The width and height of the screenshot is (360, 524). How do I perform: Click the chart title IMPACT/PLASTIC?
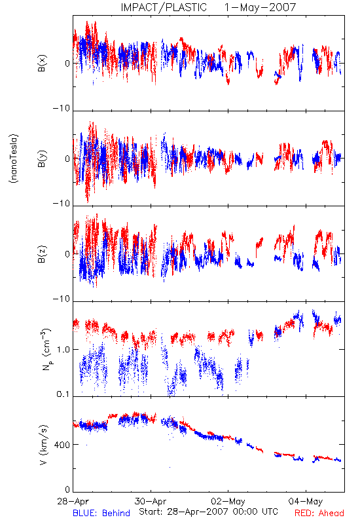pos(164,7)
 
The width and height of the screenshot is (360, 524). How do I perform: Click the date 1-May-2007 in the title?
pos(260,7)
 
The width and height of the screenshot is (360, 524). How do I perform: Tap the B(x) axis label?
pos(42,63)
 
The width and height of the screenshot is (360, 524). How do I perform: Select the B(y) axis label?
pos(42,159)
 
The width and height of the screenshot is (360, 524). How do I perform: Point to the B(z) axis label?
pos(42,254)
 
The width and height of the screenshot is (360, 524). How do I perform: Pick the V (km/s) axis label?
pos(43,445)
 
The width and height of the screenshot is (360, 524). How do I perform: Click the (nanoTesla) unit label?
pos(14,159)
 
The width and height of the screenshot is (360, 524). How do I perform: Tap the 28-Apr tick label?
pos(73,501)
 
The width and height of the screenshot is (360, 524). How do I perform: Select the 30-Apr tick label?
pos(151,501)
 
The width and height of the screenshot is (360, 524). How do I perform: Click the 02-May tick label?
pos(228,501)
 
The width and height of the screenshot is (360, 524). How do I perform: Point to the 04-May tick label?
pos(306,501)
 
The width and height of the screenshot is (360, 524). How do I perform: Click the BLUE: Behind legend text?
pos(101,513)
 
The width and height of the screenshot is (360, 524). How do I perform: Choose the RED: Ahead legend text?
pos(319,513)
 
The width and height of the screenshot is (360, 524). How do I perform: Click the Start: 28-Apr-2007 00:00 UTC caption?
pos(208,512)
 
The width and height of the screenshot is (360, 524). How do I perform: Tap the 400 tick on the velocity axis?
pos(62,445)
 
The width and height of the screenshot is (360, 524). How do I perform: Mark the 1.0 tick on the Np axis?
pos(63,350)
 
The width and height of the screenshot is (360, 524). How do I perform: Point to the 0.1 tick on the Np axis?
pos(63,394)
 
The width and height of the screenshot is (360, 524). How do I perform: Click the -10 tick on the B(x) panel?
pos(62,108)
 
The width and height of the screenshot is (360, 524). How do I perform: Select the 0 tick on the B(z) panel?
pos(67,254)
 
